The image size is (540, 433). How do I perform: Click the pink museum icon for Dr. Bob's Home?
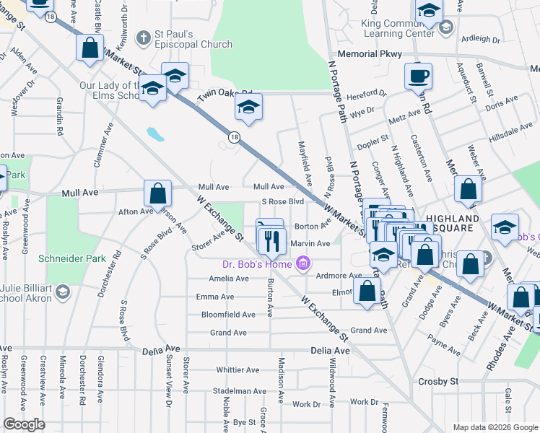(305, 264)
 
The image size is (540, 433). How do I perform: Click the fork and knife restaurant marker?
(271, 240)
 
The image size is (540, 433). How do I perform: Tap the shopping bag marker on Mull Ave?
(157, 193)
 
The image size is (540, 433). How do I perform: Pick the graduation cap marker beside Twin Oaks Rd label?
(248, 108)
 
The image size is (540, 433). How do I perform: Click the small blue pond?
(154, 134)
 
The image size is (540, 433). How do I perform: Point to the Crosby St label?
(438, 381)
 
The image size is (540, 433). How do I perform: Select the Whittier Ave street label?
(238, 369)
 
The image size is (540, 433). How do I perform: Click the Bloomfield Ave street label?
(227, 315)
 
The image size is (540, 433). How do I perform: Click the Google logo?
(25, 424)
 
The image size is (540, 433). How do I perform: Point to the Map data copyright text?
(495, 427)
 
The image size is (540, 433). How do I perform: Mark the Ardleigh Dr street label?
(480, 39)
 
